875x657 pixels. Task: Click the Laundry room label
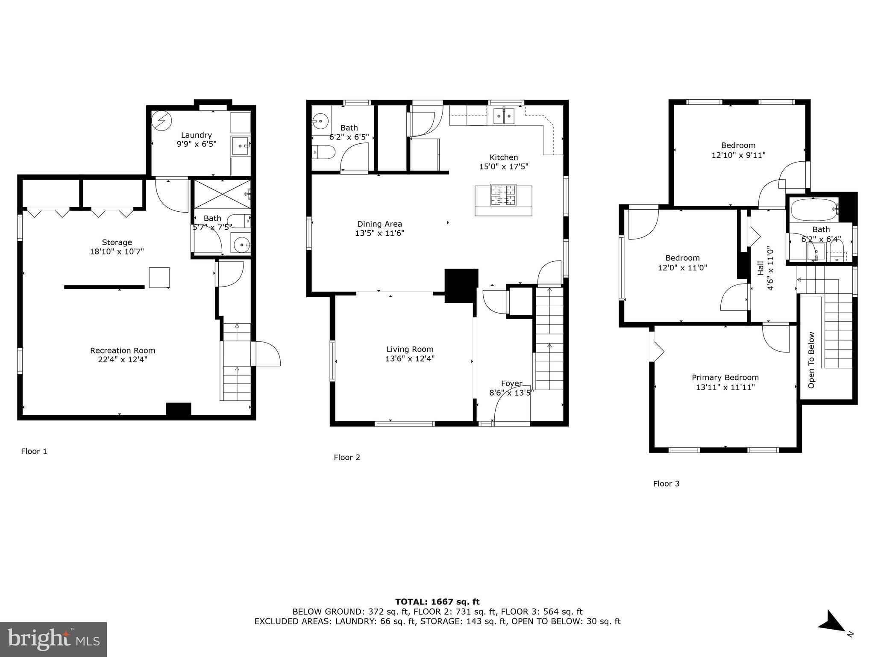tap(197, 135)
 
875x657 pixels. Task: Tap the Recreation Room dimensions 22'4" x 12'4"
tap(123, 360)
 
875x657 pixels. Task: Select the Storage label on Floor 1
tap(117, 243)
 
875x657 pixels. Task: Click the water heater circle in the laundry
tap(162, 121)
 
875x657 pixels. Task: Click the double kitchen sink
tap(504, 116)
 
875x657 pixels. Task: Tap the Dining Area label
tap(379, 224)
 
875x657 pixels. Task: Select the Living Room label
tap(410, 349)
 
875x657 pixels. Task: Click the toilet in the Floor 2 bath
tap(323, 152)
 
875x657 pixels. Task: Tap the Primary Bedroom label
tap(725, 378)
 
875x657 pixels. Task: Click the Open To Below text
tap(811, 360)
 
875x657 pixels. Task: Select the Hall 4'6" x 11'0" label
tap(765, 268)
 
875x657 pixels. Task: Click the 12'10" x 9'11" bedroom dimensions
tap(738, 155)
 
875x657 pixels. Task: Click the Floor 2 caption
tap(347, 458)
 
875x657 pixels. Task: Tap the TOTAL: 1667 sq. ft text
tap(437, 602)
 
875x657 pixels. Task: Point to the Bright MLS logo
tap(53, 639)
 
